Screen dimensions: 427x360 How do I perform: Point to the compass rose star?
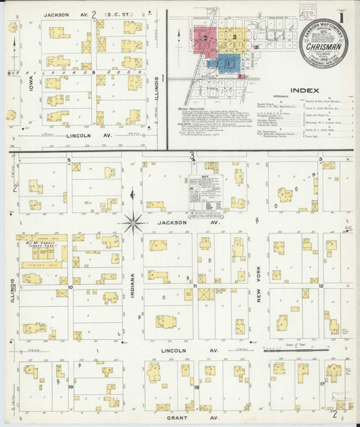coord(133,223)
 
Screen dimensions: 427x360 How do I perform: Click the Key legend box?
coord(205,194)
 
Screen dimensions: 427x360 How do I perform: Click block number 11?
coord(194,286)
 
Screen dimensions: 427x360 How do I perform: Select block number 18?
coord(196,387)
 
